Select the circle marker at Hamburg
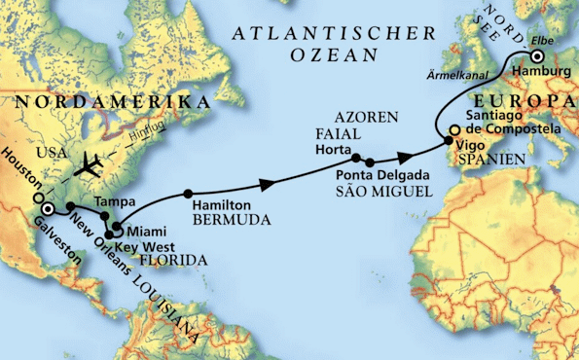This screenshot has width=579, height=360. click(x=537, y=56)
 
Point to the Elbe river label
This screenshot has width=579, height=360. click(x=545, y=42)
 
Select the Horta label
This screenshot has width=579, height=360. click(x=333, y=151)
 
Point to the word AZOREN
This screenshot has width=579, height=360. click(x=366, y=117)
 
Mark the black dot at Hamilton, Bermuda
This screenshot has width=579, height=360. click(x=188, y=192)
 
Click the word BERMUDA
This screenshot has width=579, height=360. click(x=224, y=222)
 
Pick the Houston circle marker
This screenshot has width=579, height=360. click(x=39, y=198)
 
